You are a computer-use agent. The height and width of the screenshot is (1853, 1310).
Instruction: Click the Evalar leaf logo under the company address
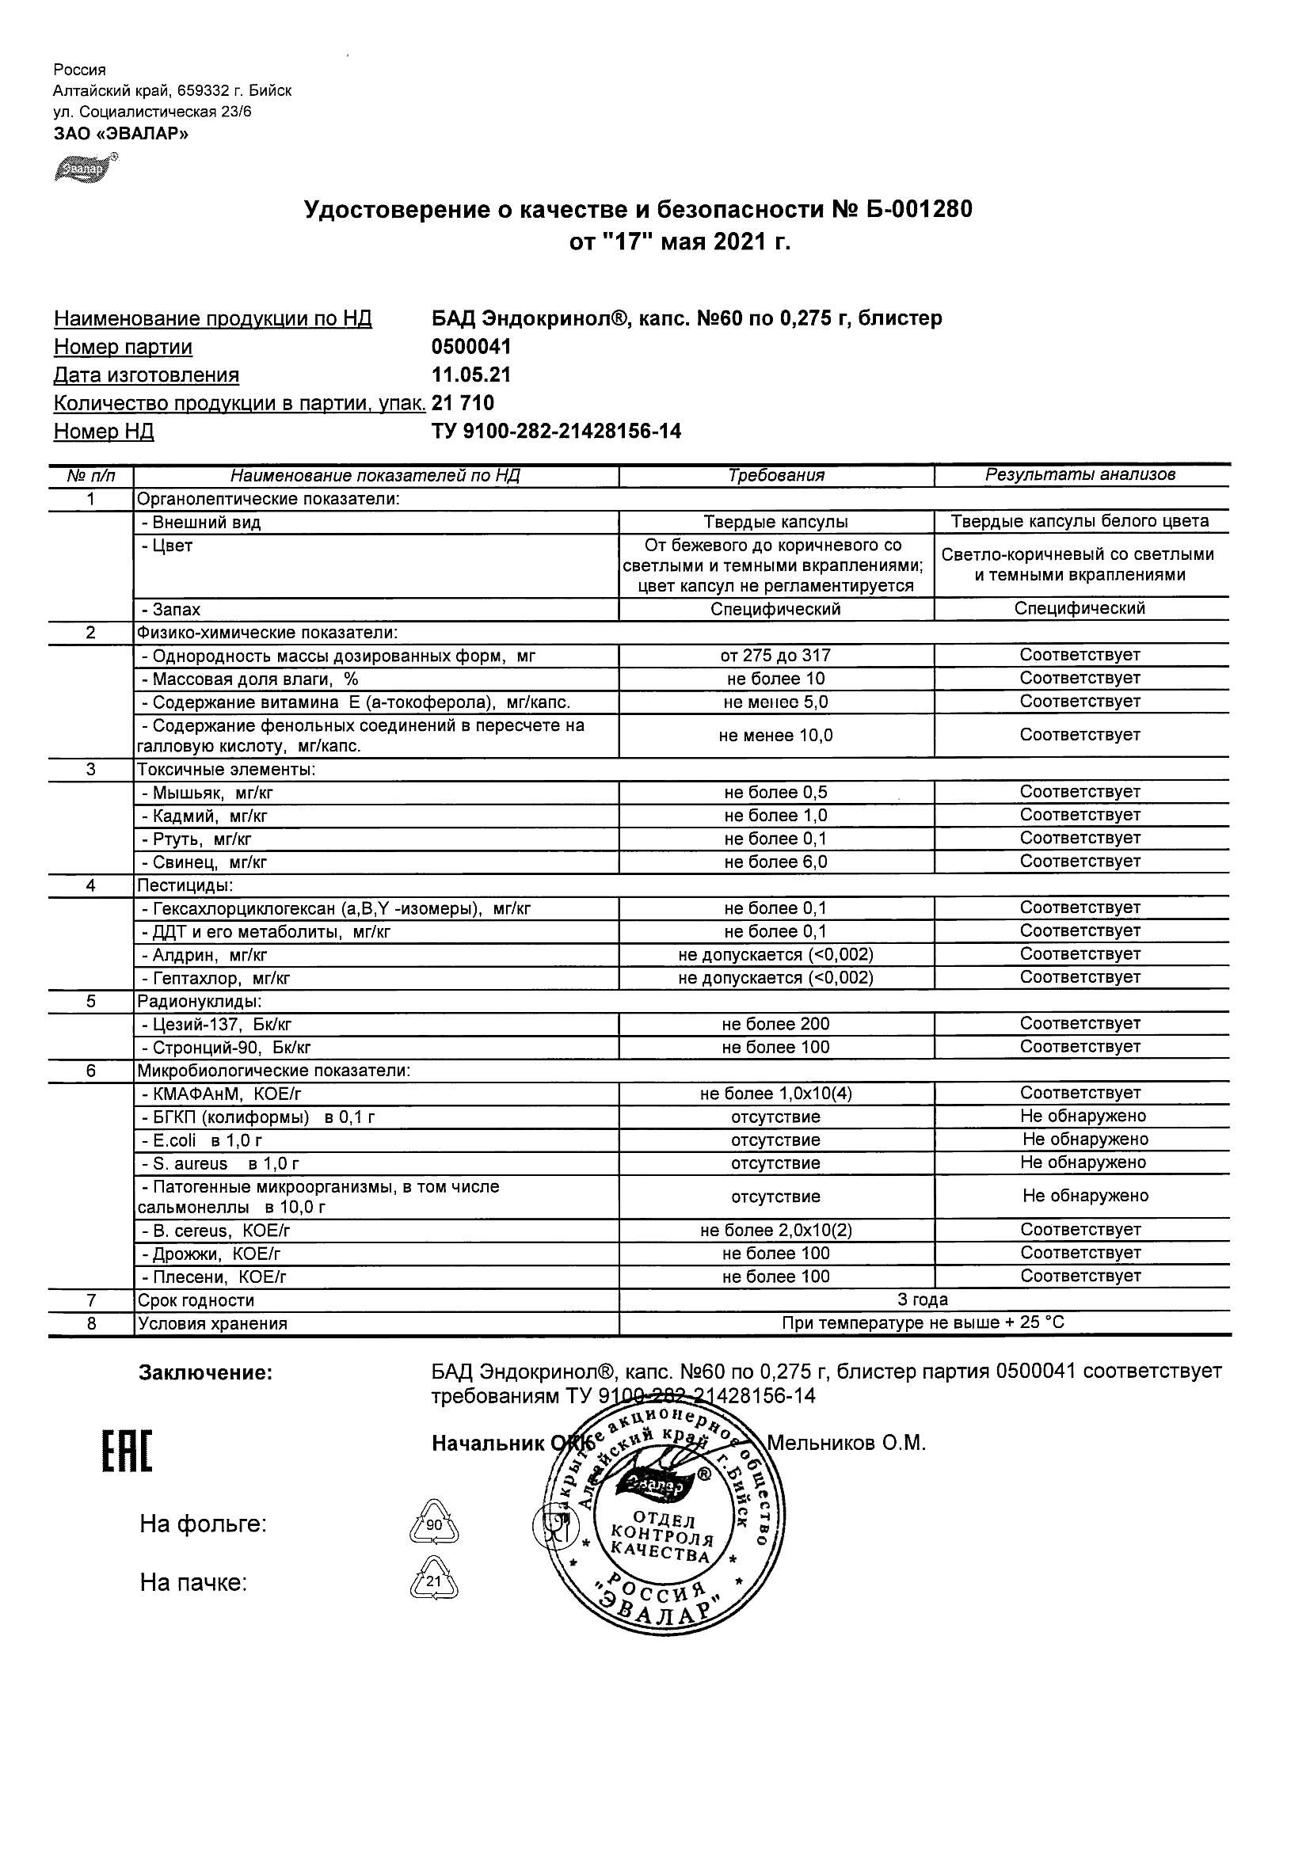tap(83, 168)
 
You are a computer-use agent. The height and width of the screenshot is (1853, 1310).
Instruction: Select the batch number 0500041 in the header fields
tap(471, 347)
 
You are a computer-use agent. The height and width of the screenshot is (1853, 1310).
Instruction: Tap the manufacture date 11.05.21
tap(471, 375)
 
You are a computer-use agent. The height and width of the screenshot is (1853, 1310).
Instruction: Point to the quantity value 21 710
tap(463, 404)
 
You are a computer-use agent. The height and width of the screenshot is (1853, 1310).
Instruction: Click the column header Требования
tap(775, 475)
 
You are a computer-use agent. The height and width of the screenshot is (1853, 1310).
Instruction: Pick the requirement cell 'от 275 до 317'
tap(775, 656)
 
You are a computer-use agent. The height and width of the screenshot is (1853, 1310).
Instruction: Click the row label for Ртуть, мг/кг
tap(202, 839)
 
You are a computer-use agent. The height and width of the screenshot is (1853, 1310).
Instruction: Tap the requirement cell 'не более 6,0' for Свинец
tap(775, 862)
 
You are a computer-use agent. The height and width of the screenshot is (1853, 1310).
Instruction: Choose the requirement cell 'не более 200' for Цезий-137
tap(775, 1024)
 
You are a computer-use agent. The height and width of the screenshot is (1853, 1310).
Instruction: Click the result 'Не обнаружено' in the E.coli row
tap(1085, 1140)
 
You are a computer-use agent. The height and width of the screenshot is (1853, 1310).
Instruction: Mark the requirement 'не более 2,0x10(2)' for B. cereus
tap(775, 1231)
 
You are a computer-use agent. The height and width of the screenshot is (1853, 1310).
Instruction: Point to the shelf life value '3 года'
tap(923, 1300)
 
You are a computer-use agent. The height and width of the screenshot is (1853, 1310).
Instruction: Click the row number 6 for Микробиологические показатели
tap(90, 1071)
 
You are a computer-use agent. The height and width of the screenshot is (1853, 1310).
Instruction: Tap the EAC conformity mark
tap(127, 1451)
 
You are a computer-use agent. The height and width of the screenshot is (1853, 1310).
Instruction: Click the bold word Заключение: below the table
tap(206, 1373)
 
